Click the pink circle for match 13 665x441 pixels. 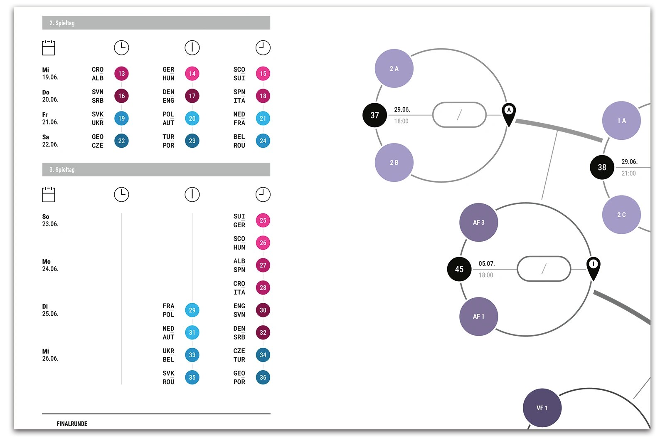(121, 74)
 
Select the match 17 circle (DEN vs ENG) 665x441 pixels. (192, 96)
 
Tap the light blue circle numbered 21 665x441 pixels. (263, 119)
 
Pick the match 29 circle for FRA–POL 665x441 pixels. (192, 310)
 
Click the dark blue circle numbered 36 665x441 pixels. (263, 377)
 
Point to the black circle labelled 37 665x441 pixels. (374, 115)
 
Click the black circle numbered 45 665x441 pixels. (459, 269)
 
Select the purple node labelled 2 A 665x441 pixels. (394, 69)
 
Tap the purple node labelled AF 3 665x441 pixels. (478, 223)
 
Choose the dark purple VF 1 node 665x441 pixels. (542, 408)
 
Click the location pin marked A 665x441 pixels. (509, 113)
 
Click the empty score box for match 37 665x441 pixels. (459, 115)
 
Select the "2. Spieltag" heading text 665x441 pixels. (62, 23)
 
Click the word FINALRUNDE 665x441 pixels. (72, 424)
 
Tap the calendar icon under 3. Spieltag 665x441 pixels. (49, 194)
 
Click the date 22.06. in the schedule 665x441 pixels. (50, 144)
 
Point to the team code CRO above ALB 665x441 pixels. (98, 69)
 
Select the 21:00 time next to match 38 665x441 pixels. (628, 173)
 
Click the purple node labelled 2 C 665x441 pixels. (621, 215)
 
